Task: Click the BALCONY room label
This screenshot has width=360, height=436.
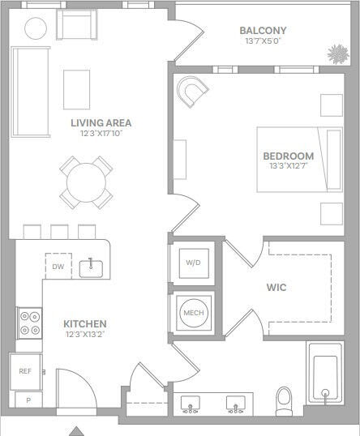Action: point(264,31)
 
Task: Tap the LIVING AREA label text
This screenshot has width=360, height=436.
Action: point(101,123)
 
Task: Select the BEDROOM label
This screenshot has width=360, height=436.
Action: point(287,156)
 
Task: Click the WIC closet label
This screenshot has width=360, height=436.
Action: point(276,287)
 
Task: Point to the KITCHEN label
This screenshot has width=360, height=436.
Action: point(84,323)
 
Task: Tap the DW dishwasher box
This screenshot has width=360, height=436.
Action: point(58,267)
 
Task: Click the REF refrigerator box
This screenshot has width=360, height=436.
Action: point(26,371)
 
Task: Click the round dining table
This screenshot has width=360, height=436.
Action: point(85,182)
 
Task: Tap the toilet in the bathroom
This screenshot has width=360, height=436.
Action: point(284,399)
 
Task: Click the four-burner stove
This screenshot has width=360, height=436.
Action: point(30,323)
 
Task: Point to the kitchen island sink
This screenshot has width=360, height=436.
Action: point(91,267)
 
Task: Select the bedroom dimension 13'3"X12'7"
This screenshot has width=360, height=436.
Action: point(287,166)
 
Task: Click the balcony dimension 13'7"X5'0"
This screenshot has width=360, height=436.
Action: point(264,41)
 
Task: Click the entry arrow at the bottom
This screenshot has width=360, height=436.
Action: point(76,430)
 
